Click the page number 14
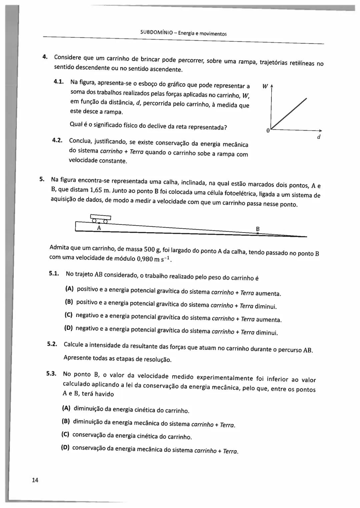pyautogui.click(x=35, y=480)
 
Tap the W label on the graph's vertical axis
pyautogui.click(x=265, y=87)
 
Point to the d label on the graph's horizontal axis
pyautogui.click(x=319, y=137)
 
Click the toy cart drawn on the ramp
pyautogui.click(x=100, y=219)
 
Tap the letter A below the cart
pyautogui.click(x=99, y=228)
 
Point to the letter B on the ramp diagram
pyautogui.click(x=258, y=229)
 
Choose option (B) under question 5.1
pyautogui.click(x=69, y=302)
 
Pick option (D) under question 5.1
pyautogui.click(x=68, y=328)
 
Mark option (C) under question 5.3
pyautogui.click(x=65, y=434)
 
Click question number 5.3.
pyautogui.click(x=52, y=373)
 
